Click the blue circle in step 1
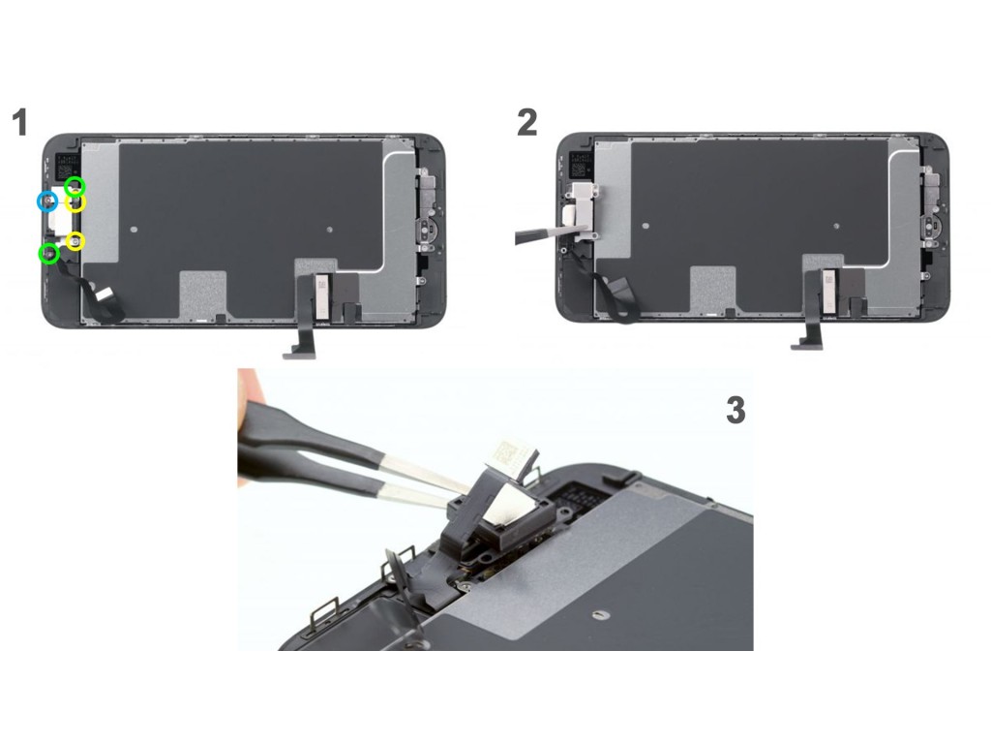coord(46,202)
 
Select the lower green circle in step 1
coord(49,255)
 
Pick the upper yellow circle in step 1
coord(75,203)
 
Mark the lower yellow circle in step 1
coord(75,241)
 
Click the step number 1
coord(20,122)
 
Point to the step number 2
coord(527,122)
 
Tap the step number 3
coord(736,410)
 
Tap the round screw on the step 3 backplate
coord(600,613)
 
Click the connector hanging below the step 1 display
coord(300,350)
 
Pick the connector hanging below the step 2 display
coord(807,343)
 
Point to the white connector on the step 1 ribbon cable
coord(105,293)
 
